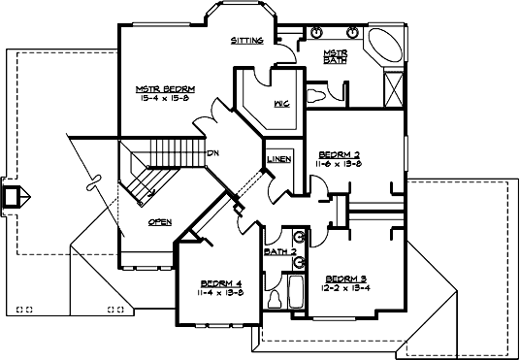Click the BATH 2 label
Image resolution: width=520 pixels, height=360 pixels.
tap(280, 253)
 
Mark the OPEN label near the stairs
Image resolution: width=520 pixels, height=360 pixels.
tap(160, 221)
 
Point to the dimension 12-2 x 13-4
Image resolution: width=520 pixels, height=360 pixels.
tap(347, 287)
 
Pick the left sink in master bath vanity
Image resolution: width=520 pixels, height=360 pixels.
tap(317, 32)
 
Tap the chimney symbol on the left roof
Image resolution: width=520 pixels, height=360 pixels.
tap(13, 195)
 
